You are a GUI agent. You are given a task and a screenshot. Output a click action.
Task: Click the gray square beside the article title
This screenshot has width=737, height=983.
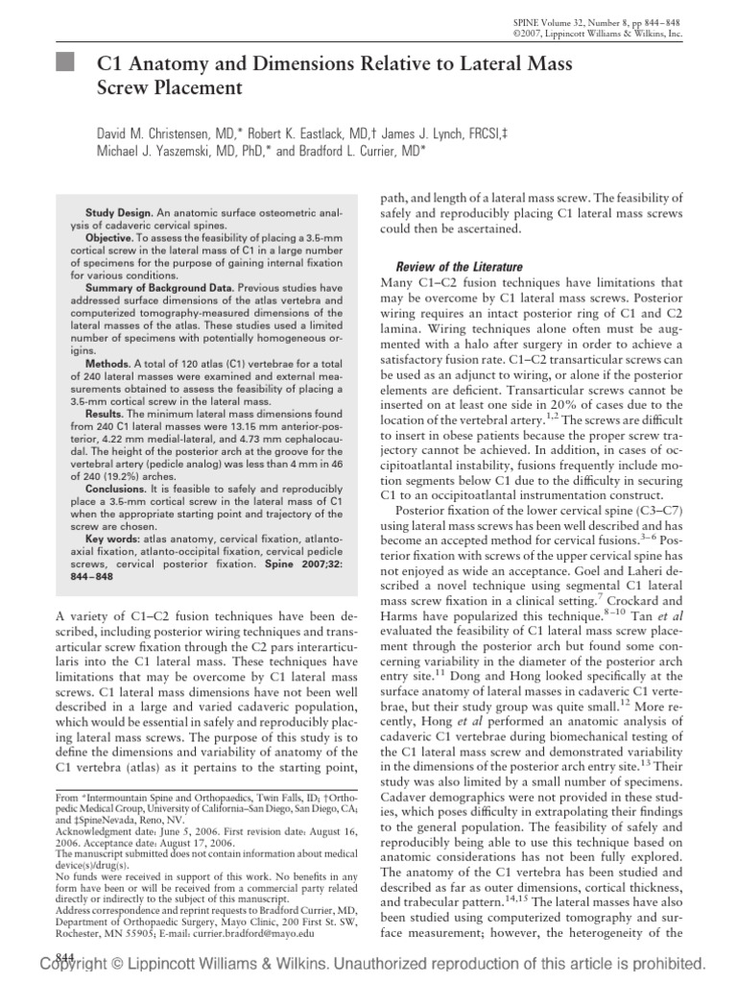coord(64,66)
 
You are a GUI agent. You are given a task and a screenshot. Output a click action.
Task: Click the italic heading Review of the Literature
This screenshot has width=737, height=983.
coord(454,266)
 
